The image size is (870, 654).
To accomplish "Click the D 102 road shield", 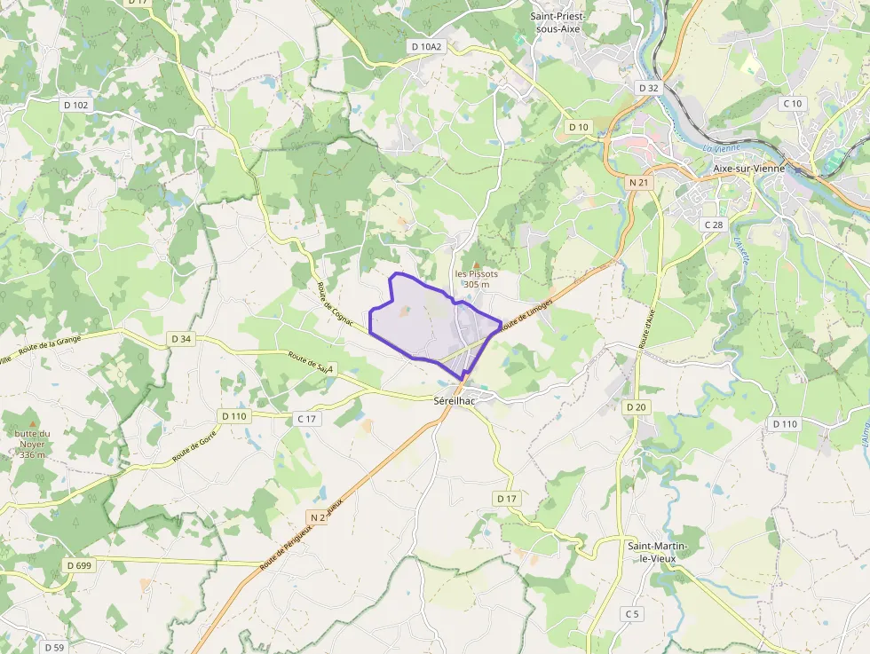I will [76, 105].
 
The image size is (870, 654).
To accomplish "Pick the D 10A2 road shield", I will [426, 46].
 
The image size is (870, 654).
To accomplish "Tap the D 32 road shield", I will [649, 88].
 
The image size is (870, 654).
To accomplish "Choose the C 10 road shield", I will [792, 104].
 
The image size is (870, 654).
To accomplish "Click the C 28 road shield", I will [713, 225].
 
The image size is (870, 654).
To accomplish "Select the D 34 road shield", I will [180, 339].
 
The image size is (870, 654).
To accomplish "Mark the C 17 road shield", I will [306, 418].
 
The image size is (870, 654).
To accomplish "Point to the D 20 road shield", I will [636, 406].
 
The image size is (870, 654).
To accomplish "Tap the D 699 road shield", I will [79, 565].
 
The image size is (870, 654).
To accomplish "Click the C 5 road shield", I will [631, 614].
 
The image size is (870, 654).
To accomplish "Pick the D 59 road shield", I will [53, 647].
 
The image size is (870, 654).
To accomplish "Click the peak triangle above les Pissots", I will [477, 264].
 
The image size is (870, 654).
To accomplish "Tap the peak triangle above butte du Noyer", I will [33, 423].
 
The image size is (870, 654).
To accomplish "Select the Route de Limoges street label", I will [526, 315].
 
